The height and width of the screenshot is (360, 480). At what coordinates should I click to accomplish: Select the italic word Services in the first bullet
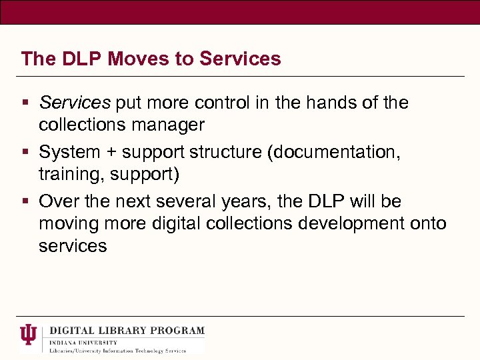click(74, 103)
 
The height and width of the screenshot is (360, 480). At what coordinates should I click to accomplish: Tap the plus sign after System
click(115, 153)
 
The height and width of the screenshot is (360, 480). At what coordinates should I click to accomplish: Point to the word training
click(67, 174)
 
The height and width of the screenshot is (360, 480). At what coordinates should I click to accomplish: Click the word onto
click(425, 223)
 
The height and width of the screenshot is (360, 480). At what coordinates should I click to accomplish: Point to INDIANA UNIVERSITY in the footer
click(83, 342)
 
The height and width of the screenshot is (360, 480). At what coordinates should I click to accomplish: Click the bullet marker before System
click(25, 153)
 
